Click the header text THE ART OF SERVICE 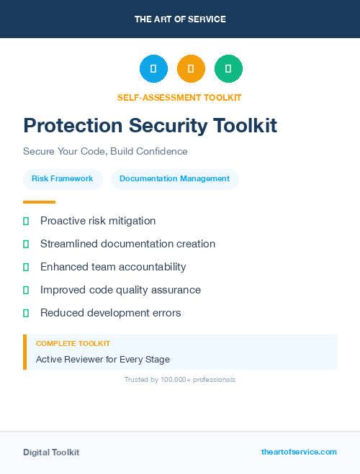(x=180, y=19)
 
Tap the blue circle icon (x=153, y=69)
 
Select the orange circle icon (x=191, y=69)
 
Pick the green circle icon (x=228, y=69)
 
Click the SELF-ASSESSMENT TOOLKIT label (x=179, y=97)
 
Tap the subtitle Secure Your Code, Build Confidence (x=105, y=152)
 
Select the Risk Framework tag (x=63, y=179)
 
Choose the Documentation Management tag (x=175, y=179)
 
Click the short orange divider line (x=39, y=202)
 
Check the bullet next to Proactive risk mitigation (x=26, y=222)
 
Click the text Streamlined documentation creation (x=127, y=244)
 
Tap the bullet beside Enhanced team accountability (x=26, y=267)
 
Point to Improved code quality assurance (x=120, y=290)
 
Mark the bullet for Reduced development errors (x=26, y=313)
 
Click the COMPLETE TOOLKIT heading (x=73, y=344)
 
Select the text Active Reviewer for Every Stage (x=103, y=359)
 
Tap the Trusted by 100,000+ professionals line (x=180, y=379)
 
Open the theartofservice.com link (x=299, y=452)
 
